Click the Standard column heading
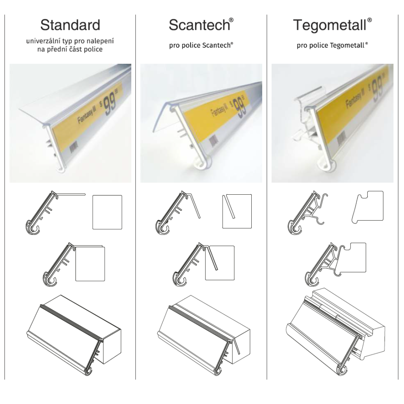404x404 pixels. [70, 25]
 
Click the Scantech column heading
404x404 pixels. [199, 25]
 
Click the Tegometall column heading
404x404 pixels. [330, 25]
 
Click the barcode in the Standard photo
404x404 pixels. [74, 147]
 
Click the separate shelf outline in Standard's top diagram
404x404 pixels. [107, 213]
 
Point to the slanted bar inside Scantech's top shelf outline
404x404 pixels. [229, 206]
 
